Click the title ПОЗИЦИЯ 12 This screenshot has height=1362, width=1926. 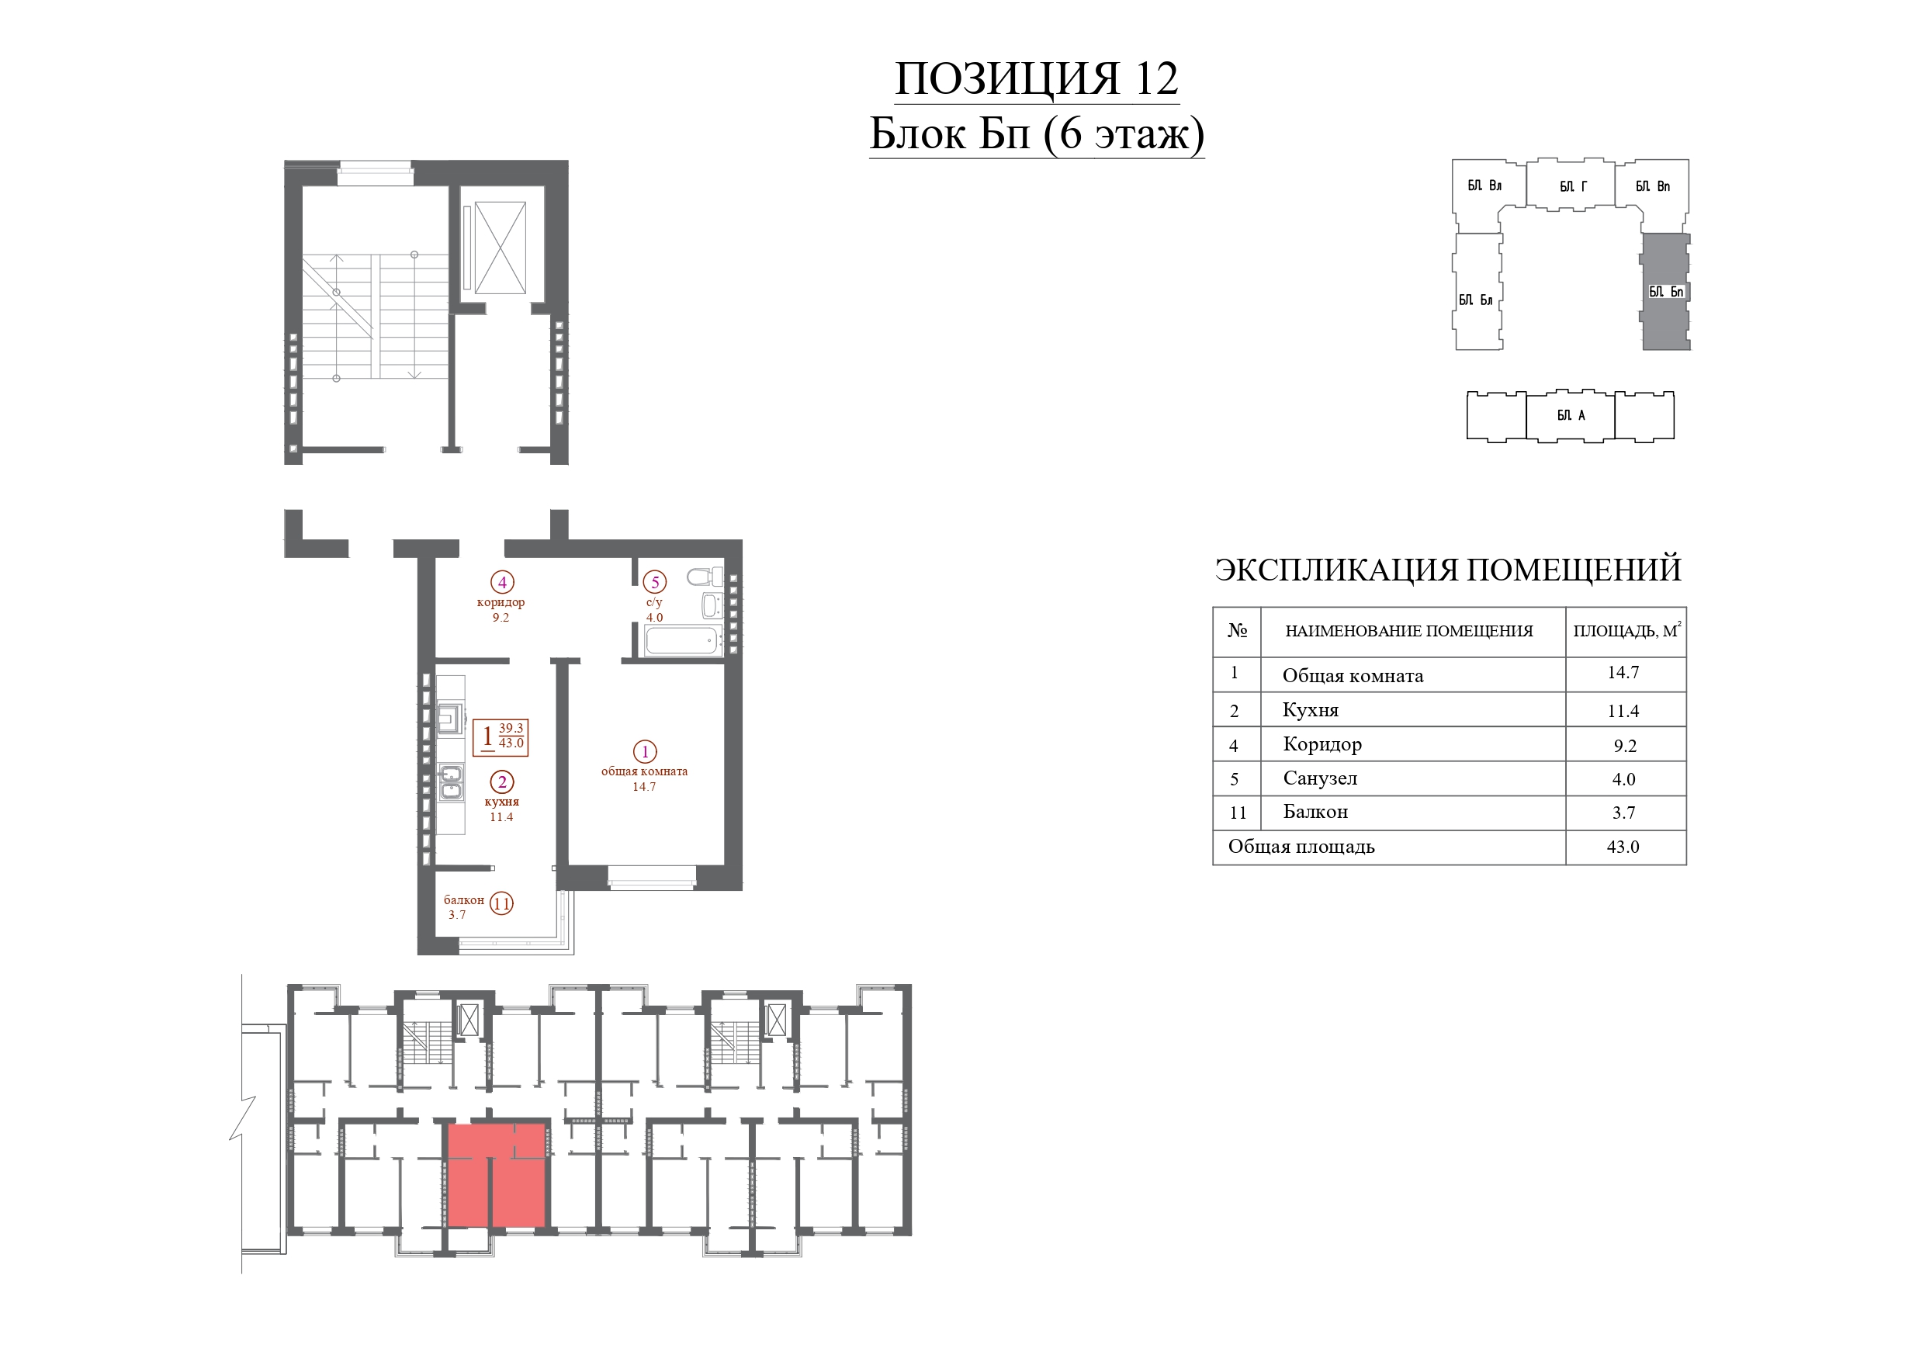[1037, 79]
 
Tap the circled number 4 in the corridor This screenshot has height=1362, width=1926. [501, 581]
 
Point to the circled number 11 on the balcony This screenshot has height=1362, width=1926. [501, 904]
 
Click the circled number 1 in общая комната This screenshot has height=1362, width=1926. [644, 752]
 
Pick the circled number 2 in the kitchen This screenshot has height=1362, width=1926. [501, 782]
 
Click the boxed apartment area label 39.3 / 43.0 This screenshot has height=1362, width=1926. [501, 736]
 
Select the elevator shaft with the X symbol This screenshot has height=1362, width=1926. [500, 248]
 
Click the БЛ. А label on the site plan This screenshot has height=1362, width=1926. [1571, 415]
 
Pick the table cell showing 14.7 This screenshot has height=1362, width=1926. [1623, 673]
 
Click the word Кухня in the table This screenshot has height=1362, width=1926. [1311, 710]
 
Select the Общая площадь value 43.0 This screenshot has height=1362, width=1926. [1623, 847]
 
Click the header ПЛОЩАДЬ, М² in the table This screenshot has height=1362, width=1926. [1626, 630]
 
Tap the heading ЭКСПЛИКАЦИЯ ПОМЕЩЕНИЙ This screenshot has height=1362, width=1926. [1448, 570]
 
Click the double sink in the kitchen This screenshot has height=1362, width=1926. [451, 782]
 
